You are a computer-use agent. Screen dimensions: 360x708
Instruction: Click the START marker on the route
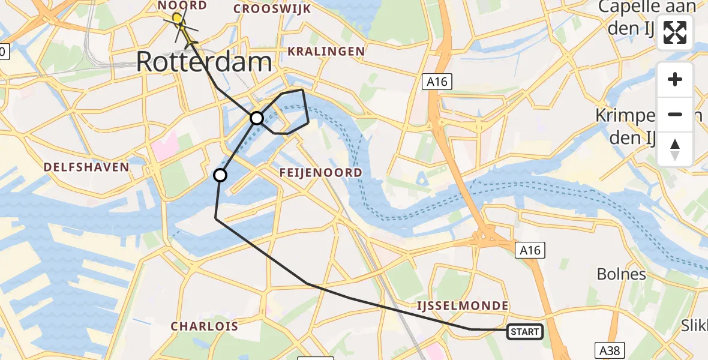click(x=525, y=331)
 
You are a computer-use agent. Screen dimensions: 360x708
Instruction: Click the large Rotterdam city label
click(x=205, y=61)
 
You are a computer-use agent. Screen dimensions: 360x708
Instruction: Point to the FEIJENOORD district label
click(x=321, y=173)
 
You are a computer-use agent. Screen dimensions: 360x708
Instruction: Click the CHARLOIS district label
click(x=205, y=326)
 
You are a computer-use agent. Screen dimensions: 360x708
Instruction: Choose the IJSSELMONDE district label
click(x=463, y=306)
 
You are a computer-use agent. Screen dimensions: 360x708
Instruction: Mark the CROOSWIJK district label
click(x=272, y=8)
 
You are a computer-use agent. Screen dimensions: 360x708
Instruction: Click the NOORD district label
click(x=182, y=5)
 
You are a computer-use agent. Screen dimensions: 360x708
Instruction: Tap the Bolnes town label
click(x=621, y=274)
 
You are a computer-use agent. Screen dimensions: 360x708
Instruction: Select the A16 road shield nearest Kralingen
click(x=437, y=82)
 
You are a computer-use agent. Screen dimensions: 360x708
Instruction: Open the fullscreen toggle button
click(x=675, y=32)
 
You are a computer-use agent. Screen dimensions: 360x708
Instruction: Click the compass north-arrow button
click(x=675, y=149)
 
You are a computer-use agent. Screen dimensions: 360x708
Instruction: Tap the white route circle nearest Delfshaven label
click(x=220, y=175)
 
